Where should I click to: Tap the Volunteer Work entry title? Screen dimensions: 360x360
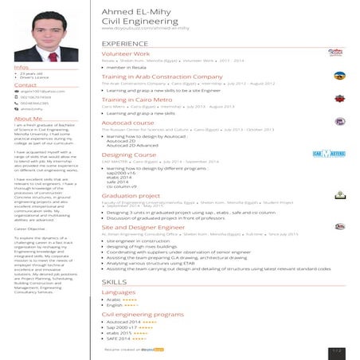tap(125, 53)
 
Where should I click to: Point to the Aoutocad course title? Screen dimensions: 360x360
tap(127, 123)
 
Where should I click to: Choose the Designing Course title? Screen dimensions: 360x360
tap(129, 155)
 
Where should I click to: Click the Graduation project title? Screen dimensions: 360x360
tap(131, 195)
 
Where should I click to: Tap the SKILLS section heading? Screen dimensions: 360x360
tap(114, 282)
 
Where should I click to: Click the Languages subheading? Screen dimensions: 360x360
tap(118, 292)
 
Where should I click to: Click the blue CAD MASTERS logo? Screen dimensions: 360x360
tap(328, 152)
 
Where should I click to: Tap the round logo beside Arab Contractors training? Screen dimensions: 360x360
tap(339, 76)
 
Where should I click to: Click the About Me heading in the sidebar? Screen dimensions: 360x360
tap(28, 118)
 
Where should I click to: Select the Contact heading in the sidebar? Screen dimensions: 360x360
tap(25, 84)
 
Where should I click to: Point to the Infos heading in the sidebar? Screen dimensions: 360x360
tap(22, 67)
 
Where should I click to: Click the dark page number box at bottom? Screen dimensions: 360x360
tap(336, 350)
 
